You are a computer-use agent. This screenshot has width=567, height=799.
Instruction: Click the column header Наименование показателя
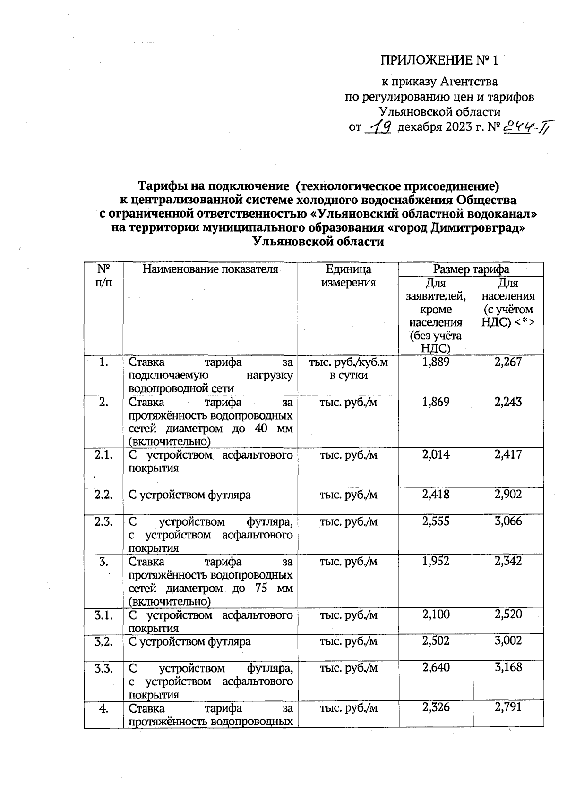point(210,269)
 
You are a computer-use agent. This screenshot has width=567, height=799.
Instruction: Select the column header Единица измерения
point(348,276)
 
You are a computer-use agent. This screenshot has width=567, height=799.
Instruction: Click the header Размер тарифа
point(471,269)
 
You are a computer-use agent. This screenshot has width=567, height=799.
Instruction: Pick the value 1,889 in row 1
point(436,362)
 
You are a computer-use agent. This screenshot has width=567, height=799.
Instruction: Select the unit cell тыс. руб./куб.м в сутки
point(348,369)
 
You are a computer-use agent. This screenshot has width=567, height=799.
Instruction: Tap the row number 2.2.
point(103,495)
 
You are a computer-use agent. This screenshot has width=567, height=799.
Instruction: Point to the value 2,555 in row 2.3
point(436,521)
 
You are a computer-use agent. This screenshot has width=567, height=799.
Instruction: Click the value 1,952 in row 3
point(436,561)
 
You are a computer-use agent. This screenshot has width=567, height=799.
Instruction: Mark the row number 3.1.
point(103,614)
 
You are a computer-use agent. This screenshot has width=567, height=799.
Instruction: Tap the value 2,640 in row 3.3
point(436,668)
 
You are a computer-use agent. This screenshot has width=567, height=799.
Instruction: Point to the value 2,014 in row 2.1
point(436,455)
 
